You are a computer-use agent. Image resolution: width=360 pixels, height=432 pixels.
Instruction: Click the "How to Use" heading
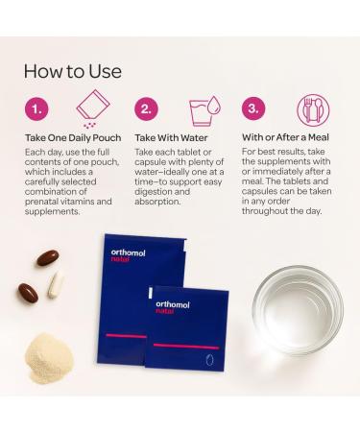tap(73, 71)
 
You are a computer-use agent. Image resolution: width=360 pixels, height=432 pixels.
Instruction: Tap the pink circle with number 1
tap(36, 109)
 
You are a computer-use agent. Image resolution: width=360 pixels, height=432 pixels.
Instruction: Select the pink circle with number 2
tap(146, 109)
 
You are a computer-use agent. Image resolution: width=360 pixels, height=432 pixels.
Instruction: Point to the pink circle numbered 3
tap(253, 108)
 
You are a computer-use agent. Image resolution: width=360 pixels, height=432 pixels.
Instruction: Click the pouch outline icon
tap(93, 108)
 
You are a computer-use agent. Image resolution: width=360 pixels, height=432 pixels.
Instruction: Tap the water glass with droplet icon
tap(204, 110)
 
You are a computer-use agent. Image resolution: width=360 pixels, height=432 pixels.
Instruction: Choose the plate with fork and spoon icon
tap(313, 110)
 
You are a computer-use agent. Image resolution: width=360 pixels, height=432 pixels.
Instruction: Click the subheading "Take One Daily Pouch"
tap(73, 138)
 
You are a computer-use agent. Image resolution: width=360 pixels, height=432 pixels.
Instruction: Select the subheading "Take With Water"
tap(171, 138)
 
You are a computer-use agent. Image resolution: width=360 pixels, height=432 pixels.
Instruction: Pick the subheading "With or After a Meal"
tap(285, 137)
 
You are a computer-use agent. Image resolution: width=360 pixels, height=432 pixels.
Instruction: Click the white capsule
tap(56, 284)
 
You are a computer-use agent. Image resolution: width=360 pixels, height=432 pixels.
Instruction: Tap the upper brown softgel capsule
tap(48, 258)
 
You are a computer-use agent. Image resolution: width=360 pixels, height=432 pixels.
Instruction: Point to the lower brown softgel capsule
tap(28, 293)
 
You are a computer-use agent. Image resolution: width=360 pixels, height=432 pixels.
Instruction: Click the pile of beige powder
tap(49, 358)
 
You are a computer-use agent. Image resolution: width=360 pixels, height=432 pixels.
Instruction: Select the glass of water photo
tap(298, 310)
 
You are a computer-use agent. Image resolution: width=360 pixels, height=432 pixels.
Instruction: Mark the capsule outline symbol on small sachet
tap(209, 360)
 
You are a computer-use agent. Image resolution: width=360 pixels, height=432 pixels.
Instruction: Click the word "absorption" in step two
tap(157, 202)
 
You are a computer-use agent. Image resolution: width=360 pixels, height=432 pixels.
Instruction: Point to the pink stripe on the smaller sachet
tap(186, 347)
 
